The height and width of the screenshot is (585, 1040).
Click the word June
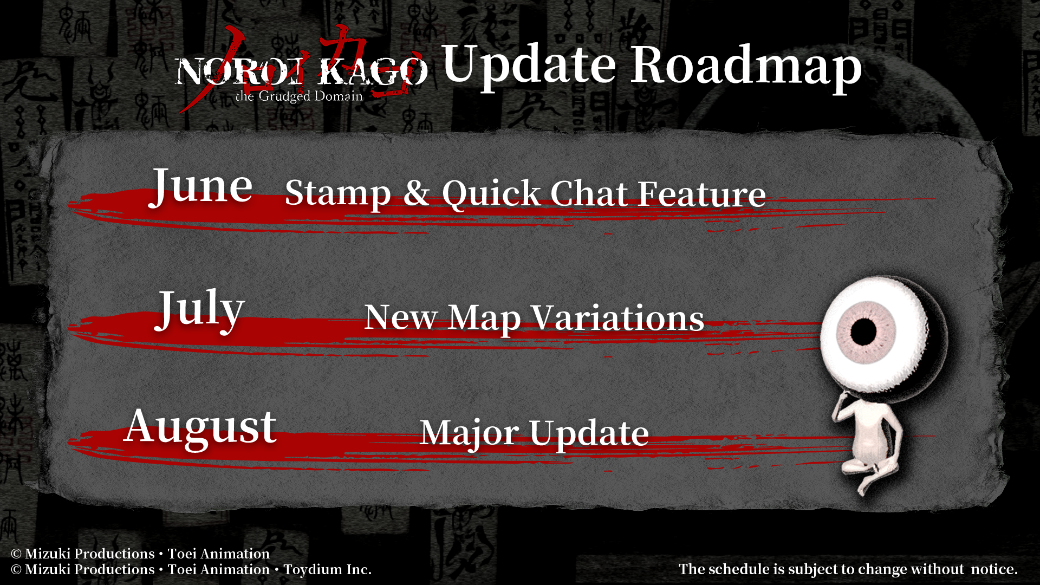pyautogui.click(x=201, y=187)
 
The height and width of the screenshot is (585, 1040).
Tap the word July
pyautogui.click(x=200, y=309)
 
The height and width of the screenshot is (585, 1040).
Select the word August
pyautogui.click(x=200, y=428)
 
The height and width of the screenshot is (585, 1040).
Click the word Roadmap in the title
pyautogui.click(x=746, y=66)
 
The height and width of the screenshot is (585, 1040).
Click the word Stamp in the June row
pyautogui.click(x=338, y=193)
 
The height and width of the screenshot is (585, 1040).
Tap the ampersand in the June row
pyautogui.click(x=417, y=192)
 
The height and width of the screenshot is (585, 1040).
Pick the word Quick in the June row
pyautogui.click(x=491, y=194)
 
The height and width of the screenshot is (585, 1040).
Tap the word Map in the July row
pyautogui.click(x=484, y=318)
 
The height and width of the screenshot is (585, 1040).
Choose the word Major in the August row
pyautogui.click(x=469, y=433)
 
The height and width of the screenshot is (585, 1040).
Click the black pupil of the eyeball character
pyautogui.click(x=863, y=331)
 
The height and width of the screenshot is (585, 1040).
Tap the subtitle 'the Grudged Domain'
pyautogui.click(x=299, y=96)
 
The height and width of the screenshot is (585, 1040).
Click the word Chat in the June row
pyautogui.click(x=589, y=193)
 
